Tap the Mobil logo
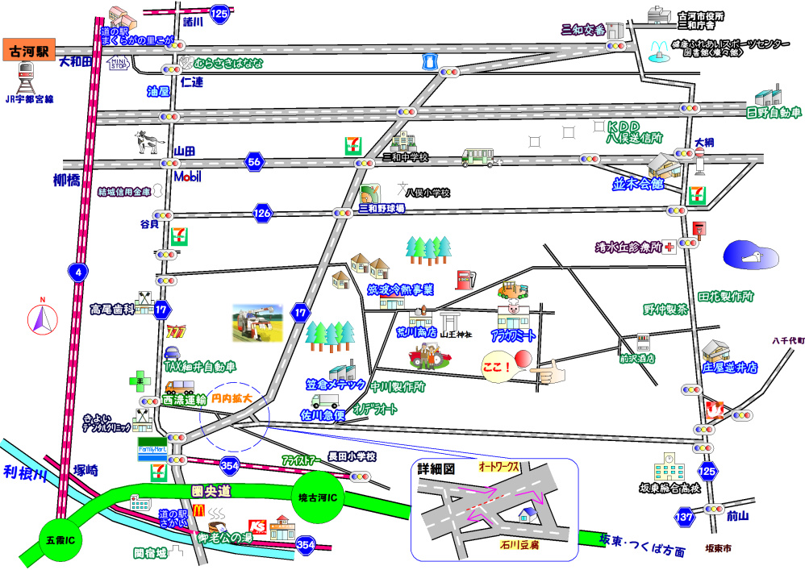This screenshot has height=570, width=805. tap(187, 177)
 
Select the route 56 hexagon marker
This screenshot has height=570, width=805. tap(255, 162)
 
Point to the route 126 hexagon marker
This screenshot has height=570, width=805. tap(261, 214)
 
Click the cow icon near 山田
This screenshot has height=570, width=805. tap(146, 142)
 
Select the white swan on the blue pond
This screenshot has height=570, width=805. tap(756, 256)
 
